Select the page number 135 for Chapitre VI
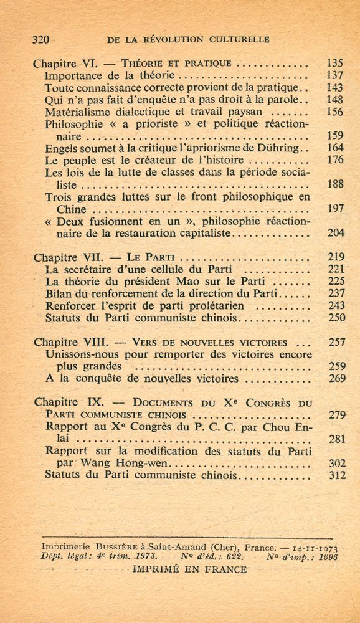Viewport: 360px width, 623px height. pos(335,63)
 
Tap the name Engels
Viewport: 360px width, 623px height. pos(61,148)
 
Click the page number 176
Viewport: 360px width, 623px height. pos(335,160)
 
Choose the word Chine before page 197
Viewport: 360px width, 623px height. pos(60,209)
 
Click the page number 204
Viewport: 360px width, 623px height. pos(335,234)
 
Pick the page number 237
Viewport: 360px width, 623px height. pos(335,293)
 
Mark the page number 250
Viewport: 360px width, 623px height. pos(335,318)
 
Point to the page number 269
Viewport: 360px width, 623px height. pos(335,378)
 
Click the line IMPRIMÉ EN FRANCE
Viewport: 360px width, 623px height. pos(189,569)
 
